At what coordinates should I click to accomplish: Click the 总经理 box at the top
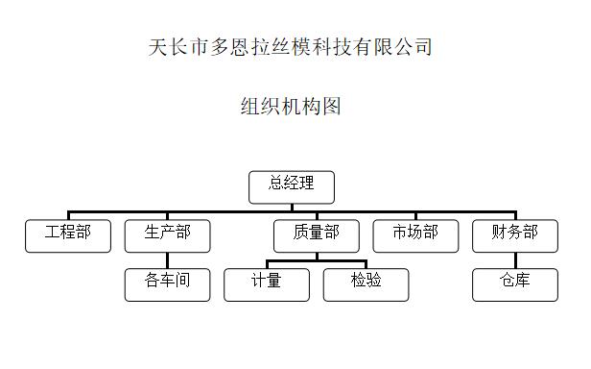[x=292, y=186]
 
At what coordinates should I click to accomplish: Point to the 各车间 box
[x=167, y=284]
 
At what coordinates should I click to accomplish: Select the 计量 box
[x=267, y=284]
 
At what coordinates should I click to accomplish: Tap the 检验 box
[x=366, y=284]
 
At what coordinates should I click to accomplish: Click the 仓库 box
[x=515, y=284]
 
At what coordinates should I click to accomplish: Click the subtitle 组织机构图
[x=291, y=106]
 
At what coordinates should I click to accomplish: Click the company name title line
[x=292, y=46]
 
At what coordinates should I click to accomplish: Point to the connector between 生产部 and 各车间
[x=167, y=260]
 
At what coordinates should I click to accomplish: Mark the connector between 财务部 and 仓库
[x=515, y=260]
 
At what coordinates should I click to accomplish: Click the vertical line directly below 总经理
[x=292, y=207]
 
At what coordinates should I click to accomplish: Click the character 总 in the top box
[x=276, y=184]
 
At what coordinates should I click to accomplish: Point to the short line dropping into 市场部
[x=415, y=215]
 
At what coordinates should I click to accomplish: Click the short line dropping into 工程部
[x=68, y=215]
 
